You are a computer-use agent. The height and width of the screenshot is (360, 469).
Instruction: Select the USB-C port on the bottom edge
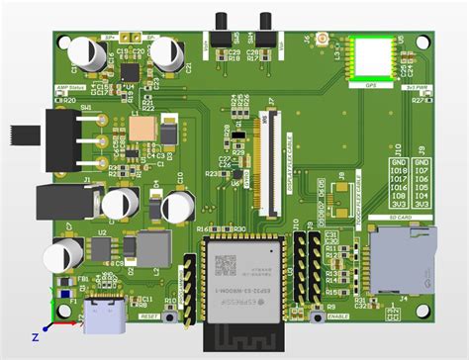tap(105, 317)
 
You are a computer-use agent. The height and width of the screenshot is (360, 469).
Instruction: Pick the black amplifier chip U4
tap(130, 73)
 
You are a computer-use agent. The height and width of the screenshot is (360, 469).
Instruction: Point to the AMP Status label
tap(67, 87)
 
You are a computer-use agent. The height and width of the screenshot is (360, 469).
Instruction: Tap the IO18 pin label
tap(399, 170)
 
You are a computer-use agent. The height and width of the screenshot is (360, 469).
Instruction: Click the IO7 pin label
tap(422, 170)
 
